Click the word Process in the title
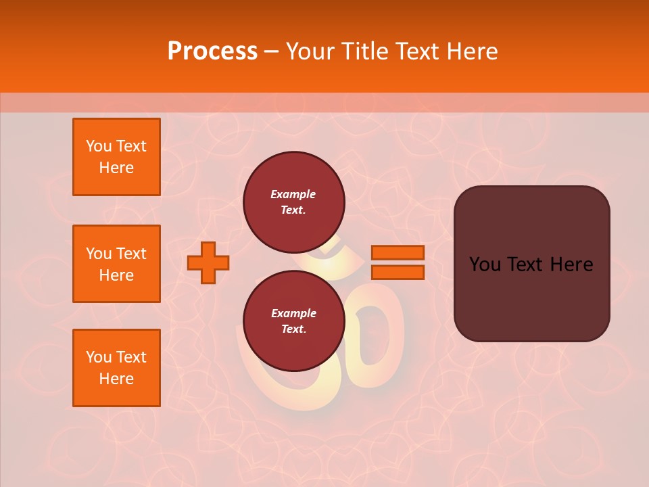click(x=212, y=51)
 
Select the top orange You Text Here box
click(x=116, y=157)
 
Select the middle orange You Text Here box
click(x=116, y=264)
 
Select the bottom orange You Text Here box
click(x=116, y=368)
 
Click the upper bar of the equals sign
click(x=398, y=253)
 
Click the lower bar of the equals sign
click(x=398, y=273)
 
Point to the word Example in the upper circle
click(x=293, y=195)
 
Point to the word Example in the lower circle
click(x=293, y=313)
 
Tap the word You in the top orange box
click(x=99, y=146)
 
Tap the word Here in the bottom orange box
click(x=116, y=379)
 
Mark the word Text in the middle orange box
click(x=131, y=254)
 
